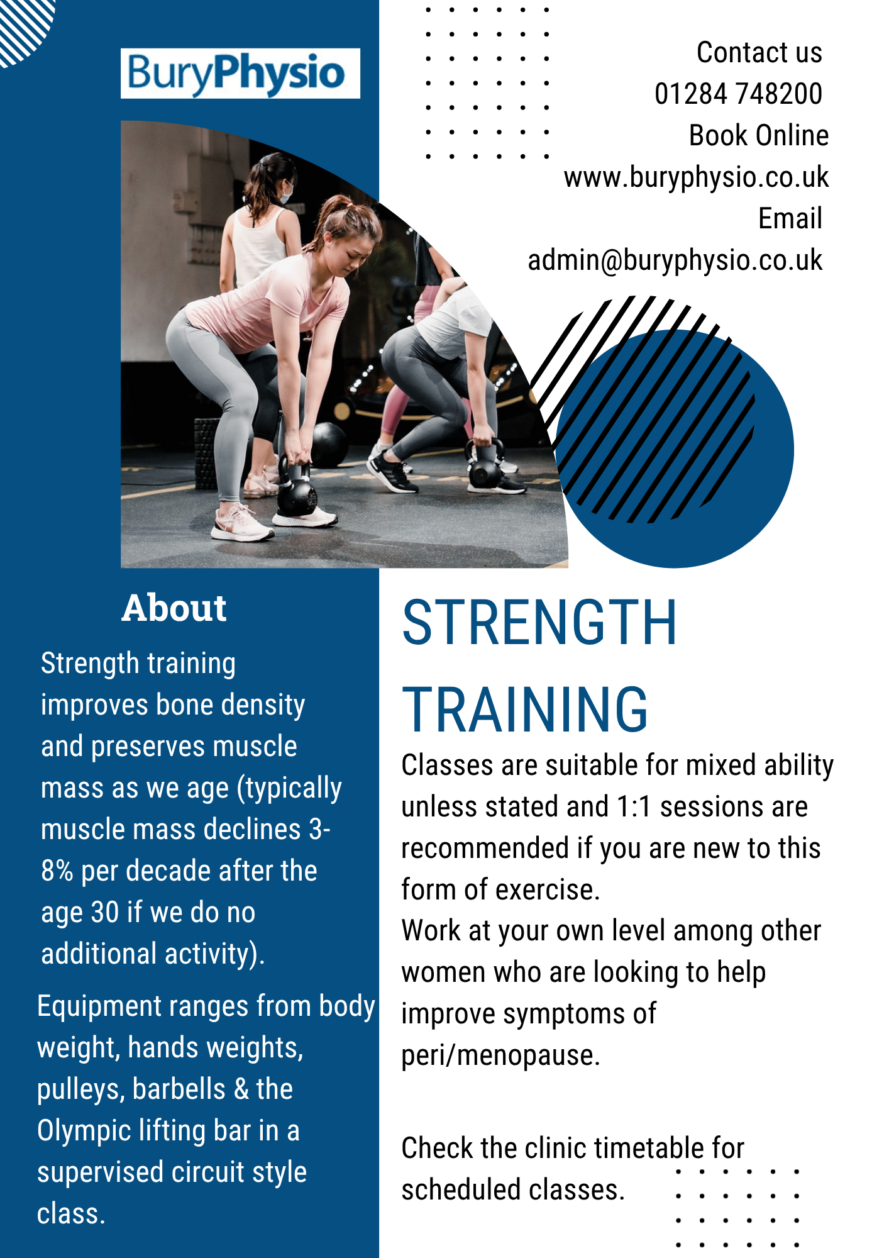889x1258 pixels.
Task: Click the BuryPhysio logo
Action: coord(240,74)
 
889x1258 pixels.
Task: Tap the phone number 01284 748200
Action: coord(738,94)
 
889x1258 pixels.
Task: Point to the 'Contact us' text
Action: coord(759,53)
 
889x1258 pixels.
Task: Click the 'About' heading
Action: coord(174,608)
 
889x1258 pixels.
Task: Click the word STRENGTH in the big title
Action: coord(539,623)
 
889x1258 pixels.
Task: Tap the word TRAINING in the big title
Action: coord(525,710)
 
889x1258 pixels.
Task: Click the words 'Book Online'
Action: coord(759,136)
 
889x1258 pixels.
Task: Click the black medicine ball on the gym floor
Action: coord(329,443)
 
